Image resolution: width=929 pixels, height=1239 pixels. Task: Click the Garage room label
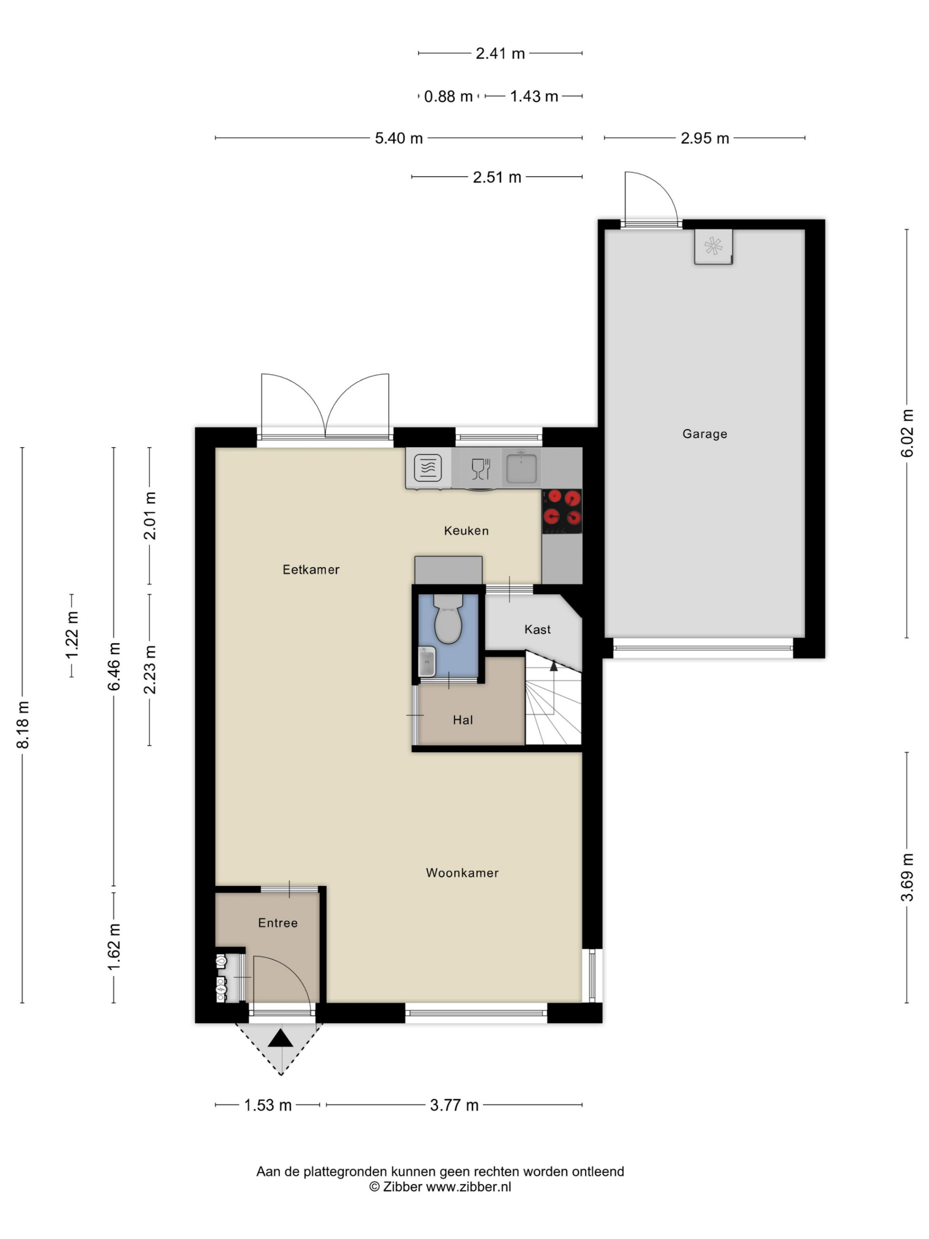tap(705, 433)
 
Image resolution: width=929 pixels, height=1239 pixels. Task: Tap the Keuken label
tap(466, 531)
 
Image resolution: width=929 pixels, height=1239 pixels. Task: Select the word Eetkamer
tap(311, 570)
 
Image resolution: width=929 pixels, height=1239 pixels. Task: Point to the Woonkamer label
tap(462, 872)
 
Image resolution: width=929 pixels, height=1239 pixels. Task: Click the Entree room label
tap(278, 923)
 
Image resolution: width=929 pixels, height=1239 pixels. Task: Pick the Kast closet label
tap(537, 629)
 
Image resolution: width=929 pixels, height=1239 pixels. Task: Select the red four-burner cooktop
tap(562, 511)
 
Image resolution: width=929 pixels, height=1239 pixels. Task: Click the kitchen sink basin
tap(521, 468)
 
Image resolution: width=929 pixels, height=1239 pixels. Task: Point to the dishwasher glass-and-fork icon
tap(480, 469)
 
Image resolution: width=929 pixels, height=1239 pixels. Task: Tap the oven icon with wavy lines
tap(428, 468)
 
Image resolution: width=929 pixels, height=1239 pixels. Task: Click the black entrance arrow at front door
tap(281, 1037)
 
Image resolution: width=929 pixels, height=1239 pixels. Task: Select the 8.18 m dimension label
tap(23, 725)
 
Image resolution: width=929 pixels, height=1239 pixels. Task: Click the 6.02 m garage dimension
tap(907, 433)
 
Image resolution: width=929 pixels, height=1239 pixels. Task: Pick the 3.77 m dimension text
tap(454, 1105)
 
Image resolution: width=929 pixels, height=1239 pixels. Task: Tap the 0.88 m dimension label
tap(448, 96)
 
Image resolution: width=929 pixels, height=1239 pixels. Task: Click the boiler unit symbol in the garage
tap(713, 246)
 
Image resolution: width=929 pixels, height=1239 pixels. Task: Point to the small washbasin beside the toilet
tap(427, 662)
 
